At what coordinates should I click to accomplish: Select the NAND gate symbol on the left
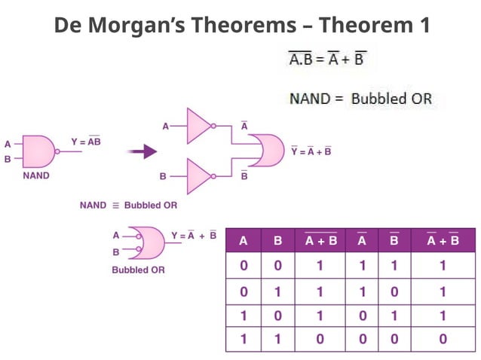pos(40,151)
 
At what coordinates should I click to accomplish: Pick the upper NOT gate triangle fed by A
pos(201,126)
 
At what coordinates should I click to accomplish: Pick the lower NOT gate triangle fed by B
pos(201,176)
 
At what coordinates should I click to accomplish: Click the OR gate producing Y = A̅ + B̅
pos(267,151)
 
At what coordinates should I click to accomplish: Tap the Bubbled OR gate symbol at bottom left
pos(147,243)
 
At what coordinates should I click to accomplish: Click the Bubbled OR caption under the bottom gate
pos(138,269)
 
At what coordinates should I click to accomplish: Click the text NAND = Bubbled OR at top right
pos(361,99)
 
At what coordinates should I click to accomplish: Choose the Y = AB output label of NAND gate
pos(86,141)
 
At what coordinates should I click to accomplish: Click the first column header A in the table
pos(243,241)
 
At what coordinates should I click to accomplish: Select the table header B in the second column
pos(277,241)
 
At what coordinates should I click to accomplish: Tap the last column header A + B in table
pos(443,241)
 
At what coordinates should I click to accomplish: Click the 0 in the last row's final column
pos(443,339)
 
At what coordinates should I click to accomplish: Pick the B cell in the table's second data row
pos(277,291)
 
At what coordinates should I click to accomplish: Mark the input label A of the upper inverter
pos(166,127)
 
